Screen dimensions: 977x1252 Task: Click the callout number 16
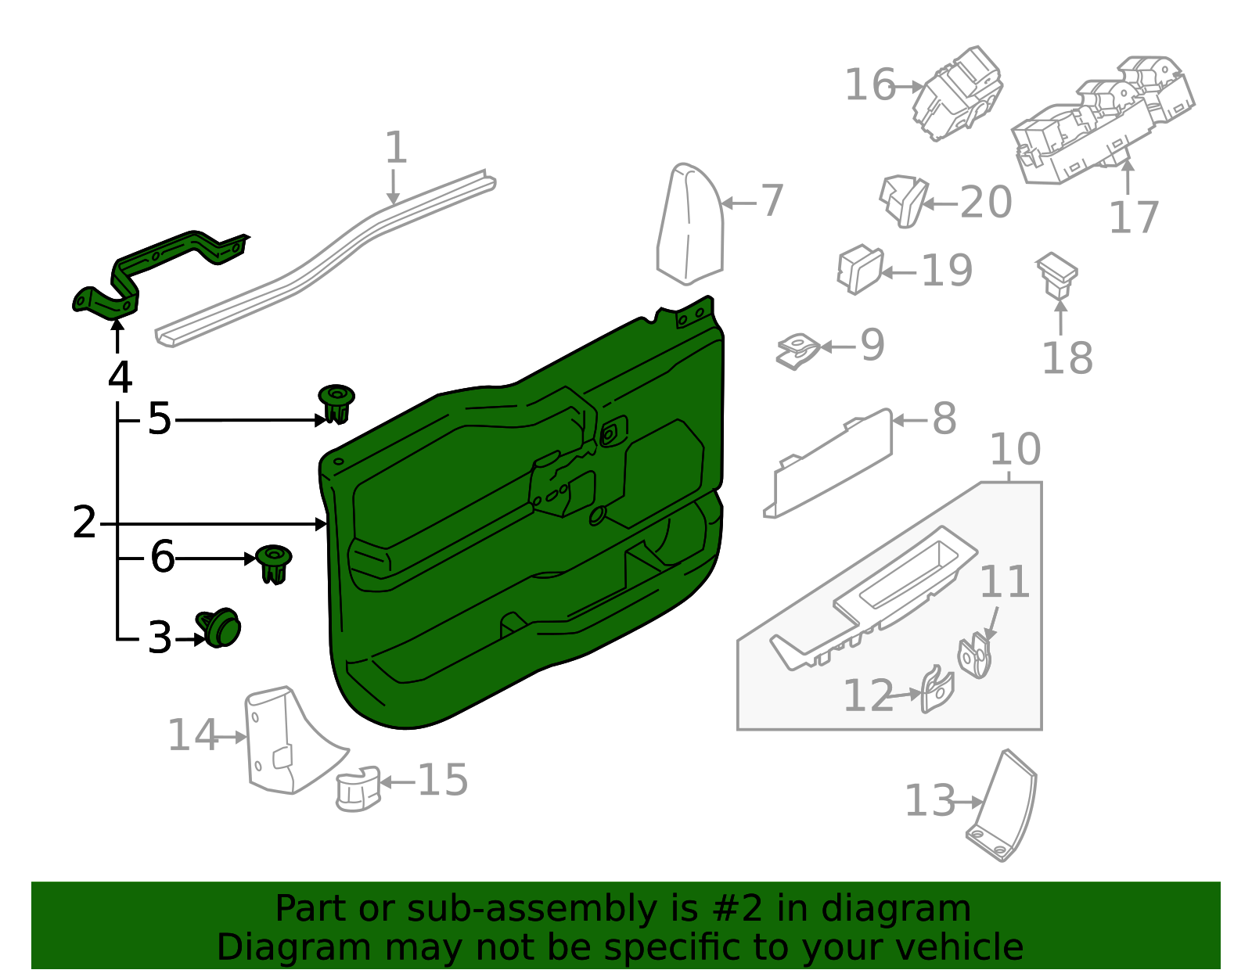869,85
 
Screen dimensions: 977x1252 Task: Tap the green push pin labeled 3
221,627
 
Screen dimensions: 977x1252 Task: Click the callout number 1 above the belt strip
396,148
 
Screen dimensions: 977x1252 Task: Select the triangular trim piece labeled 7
689,227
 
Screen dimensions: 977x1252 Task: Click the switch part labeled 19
860,270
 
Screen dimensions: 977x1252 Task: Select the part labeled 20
904,200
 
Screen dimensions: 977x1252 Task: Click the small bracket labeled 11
975,656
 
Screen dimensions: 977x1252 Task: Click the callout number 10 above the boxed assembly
1015,450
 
